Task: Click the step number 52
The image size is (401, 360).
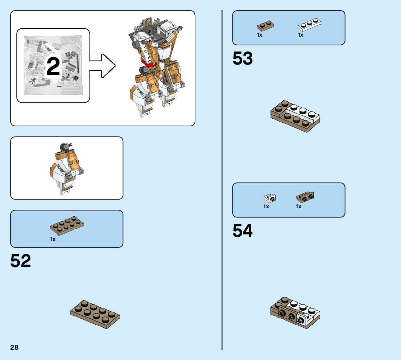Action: [x=21, y=261]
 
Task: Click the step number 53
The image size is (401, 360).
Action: [x=243, y=58]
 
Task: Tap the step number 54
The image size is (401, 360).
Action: [x=243, y=231]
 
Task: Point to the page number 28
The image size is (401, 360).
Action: [x=15, y=347]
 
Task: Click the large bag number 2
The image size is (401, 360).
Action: [x=53, y=67]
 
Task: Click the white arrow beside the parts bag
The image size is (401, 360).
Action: [x=103, y=66]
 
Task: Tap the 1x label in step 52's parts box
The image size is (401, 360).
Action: [x=53, y=240]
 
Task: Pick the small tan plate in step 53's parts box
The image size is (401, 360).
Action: [x=265, y=26]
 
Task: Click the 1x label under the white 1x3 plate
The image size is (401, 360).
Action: [x=300, y=35]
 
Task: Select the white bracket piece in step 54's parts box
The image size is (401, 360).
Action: [x=270, y=198]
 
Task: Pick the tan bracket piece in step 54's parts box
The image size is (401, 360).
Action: [x=305, y=197]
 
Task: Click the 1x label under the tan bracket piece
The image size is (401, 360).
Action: [x=298, y=206]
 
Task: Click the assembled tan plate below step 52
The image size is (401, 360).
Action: [x=95, y=314]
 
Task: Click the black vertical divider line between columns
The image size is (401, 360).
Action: [x=222, y=181]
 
